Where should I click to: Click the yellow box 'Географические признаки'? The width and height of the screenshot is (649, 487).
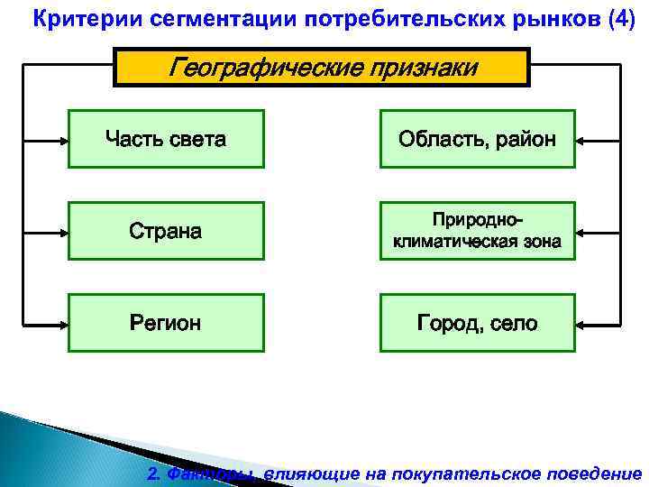click(322, 68)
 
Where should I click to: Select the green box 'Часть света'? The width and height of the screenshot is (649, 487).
click(166, 139)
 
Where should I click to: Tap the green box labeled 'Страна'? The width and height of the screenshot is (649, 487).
click(166, 231)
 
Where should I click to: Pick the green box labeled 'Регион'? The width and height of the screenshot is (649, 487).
click(166, 322)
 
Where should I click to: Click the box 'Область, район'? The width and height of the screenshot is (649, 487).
click(477, 139)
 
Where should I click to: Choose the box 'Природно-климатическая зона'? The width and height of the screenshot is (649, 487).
click(477, 231)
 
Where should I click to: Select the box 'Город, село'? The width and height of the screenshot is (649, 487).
click(477, 322)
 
